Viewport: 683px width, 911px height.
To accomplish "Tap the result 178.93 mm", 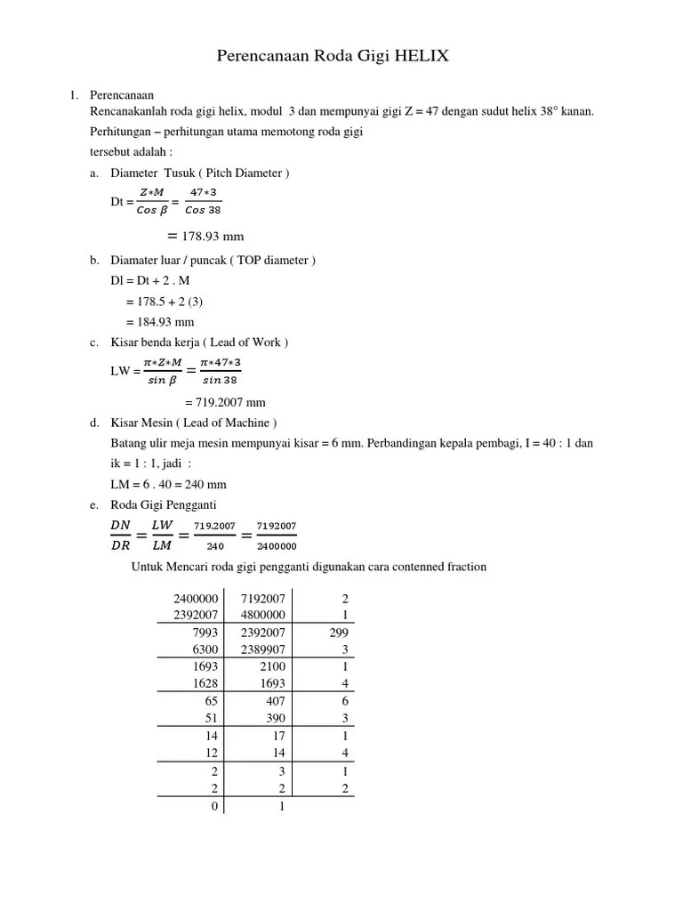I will tap(213, 236).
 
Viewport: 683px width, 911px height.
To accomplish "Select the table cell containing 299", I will tap(339, 633).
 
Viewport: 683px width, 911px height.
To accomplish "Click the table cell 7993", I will tap(205, 633).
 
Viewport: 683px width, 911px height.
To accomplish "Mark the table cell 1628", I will tap(205, 683).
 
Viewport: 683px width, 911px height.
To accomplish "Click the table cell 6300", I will tap(205, 649).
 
